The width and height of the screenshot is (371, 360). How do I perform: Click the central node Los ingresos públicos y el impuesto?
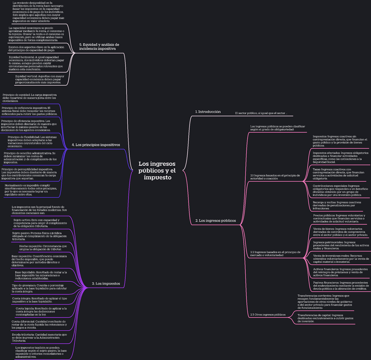pos(157,171)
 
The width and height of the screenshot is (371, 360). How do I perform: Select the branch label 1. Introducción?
pos(208,112)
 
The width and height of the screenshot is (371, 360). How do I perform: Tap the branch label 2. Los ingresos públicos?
pos(216,221)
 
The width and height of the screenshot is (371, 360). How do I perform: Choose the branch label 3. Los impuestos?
pos(106,283)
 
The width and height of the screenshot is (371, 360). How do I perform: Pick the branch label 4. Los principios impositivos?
pos(95,145)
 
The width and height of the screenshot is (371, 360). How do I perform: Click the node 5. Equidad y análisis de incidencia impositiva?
pos(99,47)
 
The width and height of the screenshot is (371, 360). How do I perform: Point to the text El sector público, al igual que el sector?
pos(261,113)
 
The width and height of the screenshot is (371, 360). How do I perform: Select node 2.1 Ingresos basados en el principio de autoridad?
pos(275,177)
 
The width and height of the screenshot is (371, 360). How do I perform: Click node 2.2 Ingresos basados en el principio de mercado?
pos(275,253)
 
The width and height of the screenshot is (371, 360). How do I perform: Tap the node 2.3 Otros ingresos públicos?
pos(268,315)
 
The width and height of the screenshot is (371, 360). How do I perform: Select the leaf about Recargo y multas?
pos(337,205)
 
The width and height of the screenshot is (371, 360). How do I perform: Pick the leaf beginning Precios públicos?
pos(339,218)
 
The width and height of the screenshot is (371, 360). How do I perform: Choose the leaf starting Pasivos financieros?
pos(340,285)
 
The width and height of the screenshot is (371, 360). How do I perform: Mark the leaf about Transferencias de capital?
pos(325,318)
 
